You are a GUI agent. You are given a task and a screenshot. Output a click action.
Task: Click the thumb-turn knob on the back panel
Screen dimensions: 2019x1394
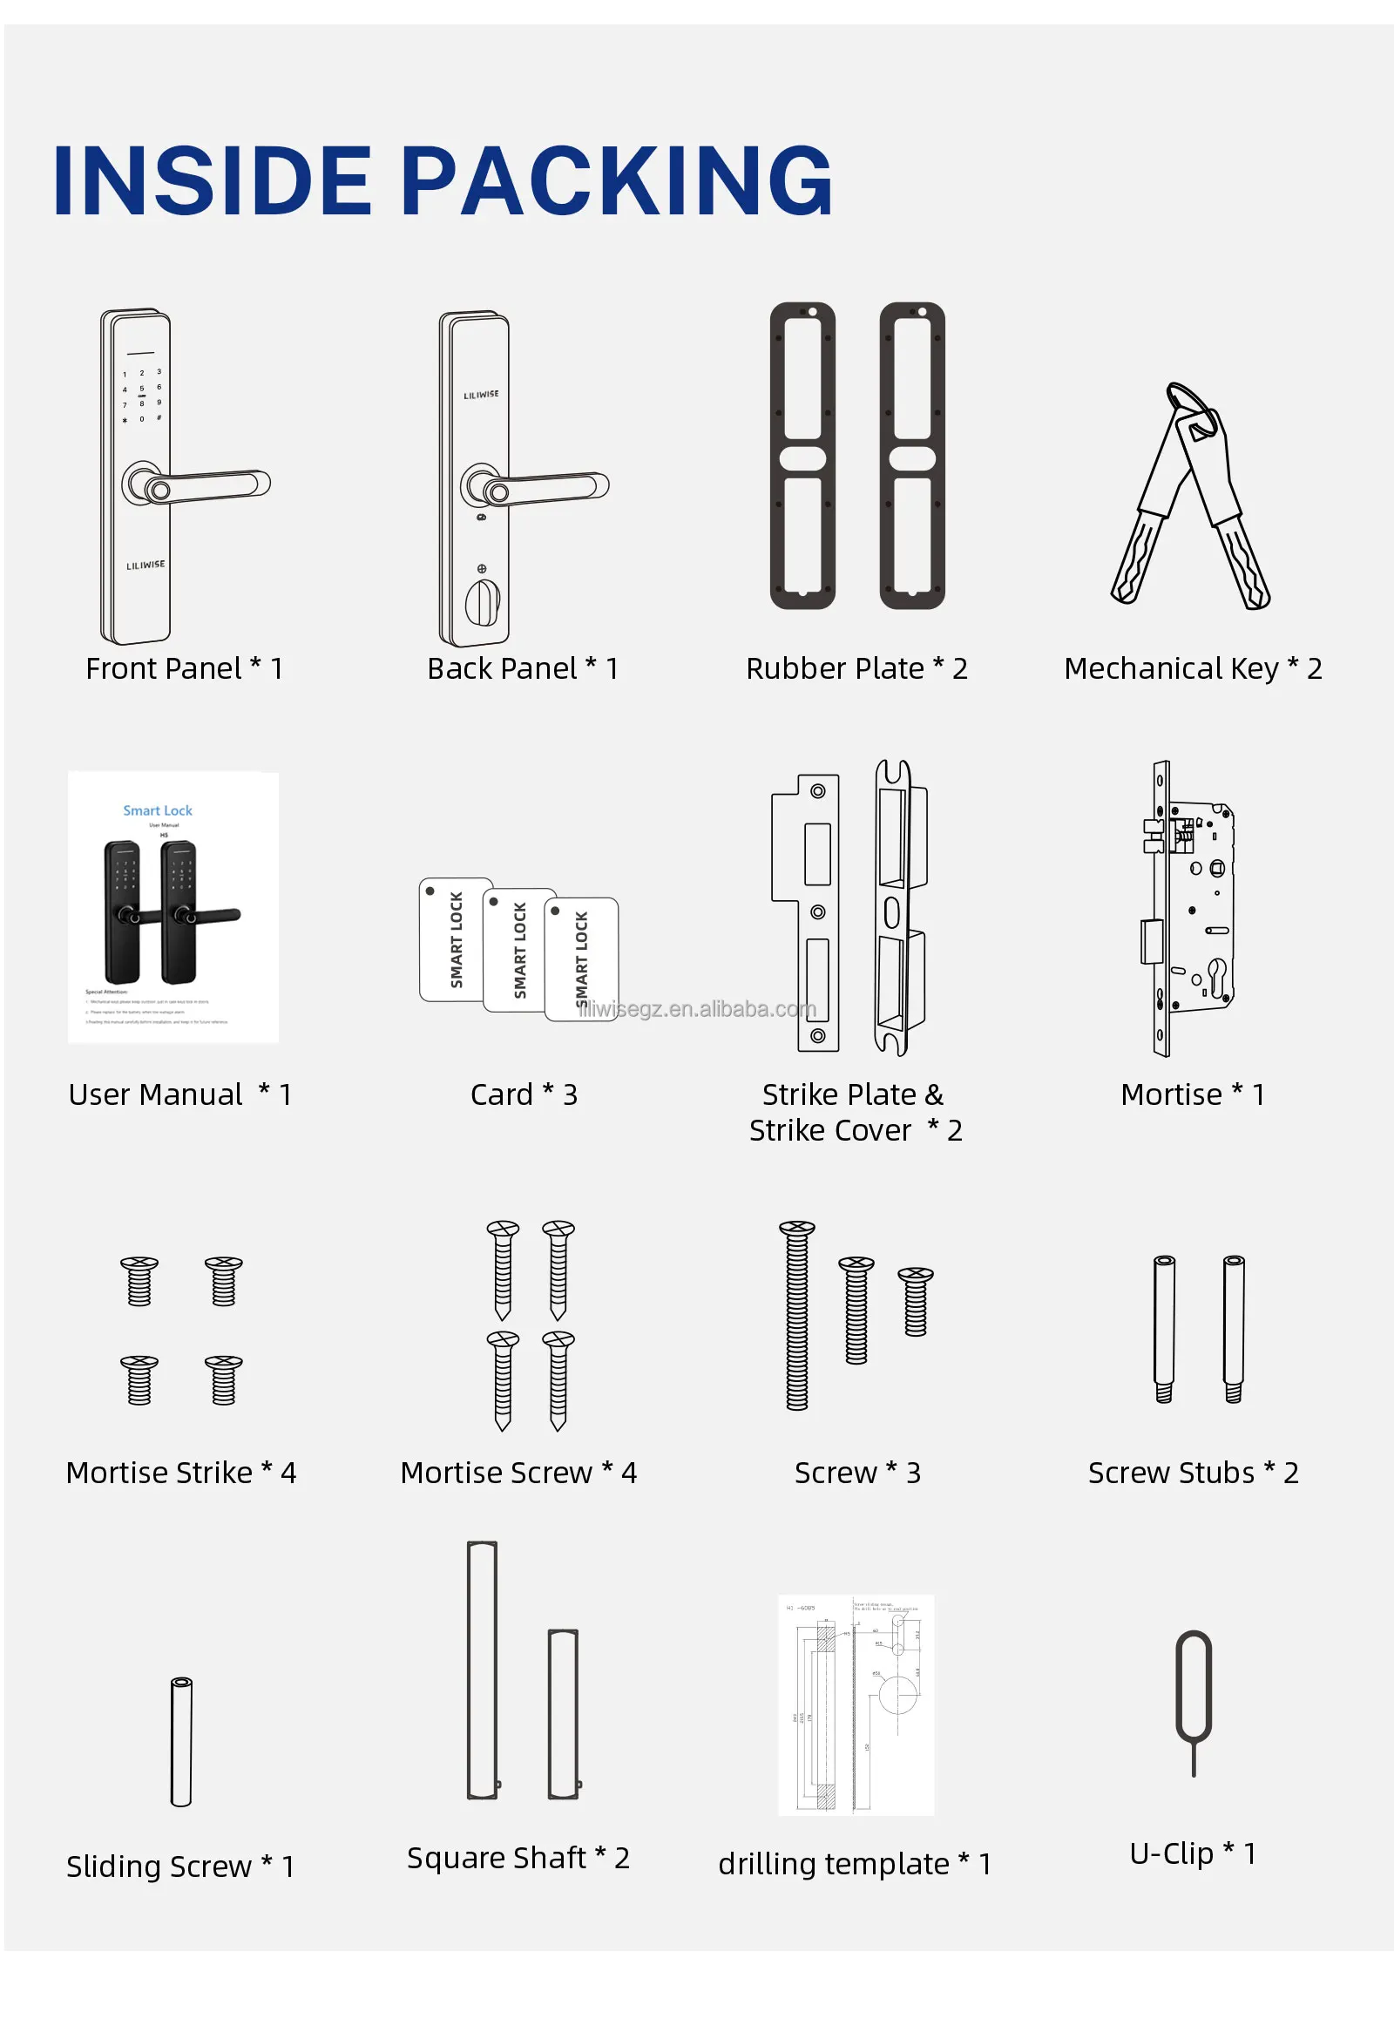coord(481,600)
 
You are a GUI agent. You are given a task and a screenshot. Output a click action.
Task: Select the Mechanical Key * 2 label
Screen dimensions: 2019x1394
coord(1192,668)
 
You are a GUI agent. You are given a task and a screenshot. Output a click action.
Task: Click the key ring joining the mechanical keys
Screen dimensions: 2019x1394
coord(1191,407)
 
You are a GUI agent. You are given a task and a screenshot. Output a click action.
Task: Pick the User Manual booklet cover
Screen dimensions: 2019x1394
coord(173,907)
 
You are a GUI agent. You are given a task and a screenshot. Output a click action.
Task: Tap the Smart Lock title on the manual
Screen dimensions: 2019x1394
coord(157,810)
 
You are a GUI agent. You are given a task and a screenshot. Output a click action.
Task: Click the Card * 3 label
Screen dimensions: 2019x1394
coord(524,1094)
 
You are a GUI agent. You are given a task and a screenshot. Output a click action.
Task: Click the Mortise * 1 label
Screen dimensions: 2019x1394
coord(1192,1094)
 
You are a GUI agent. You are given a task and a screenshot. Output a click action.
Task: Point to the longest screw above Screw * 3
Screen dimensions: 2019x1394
coord(796,1315)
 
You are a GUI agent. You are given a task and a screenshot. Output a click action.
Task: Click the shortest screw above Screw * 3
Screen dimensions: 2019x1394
coord(915,1301)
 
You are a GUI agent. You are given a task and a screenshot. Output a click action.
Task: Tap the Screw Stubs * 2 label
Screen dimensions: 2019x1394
coord(1192,1472)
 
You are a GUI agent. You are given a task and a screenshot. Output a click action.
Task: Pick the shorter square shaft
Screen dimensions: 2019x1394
coord(564,1713)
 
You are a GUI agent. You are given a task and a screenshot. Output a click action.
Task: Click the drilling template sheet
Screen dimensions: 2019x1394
coord(855,1704)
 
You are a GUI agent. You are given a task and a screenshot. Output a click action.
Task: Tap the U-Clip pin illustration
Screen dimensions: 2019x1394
coord(1193,1698)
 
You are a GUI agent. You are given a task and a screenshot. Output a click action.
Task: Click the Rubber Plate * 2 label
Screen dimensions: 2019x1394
coord(856,668)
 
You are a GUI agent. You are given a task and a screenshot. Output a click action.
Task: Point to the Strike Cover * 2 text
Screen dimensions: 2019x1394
coord(855,1129)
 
